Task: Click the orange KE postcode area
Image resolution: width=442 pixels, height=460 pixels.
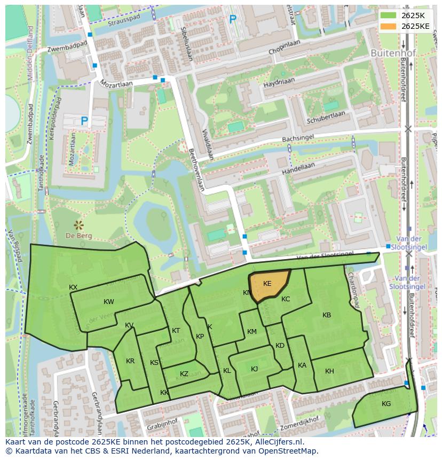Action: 270,286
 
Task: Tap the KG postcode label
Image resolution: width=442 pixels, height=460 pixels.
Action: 386,404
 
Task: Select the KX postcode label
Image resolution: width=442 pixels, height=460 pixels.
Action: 73,287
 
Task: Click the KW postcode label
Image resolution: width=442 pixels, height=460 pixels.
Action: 109,302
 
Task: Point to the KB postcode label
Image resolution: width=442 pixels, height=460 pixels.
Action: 327,315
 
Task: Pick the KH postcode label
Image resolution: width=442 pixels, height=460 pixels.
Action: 329,371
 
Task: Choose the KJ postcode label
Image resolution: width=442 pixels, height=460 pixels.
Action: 255,369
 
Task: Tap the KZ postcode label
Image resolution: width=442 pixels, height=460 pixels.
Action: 184,374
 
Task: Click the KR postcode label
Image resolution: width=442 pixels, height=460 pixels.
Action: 130,361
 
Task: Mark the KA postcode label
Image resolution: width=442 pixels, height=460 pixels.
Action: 302,365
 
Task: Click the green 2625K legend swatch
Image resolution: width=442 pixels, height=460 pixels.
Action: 389,15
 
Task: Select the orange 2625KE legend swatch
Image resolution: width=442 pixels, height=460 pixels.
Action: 389,26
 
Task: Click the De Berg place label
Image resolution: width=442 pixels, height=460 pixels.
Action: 79,236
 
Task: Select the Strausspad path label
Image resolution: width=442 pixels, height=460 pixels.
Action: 123,24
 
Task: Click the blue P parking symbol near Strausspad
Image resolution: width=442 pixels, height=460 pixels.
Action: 233,20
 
